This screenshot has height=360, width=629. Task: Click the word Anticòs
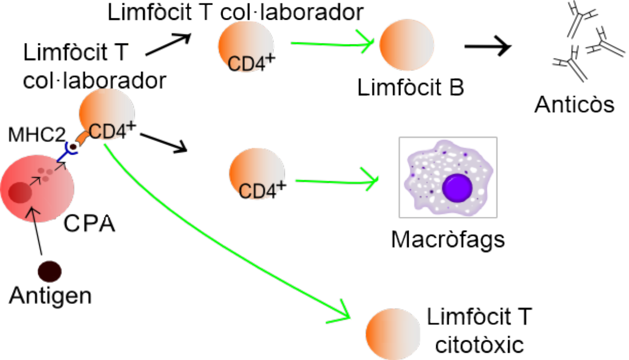pyautogui.click(x=574, y=105)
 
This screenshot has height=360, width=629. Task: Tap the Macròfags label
pyautogui.click(x=448, y=238)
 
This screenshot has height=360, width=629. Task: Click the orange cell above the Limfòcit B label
pyautogui.click(x=407, y=45)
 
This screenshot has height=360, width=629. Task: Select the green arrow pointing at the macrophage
pyautogui.click(x=335, y=181)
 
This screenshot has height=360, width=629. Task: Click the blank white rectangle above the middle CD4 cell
pyautogui.click(x=261, y=137)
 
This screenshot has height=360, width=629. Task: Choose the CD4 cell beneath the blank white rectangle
pyautogui.click(x=257, y=174)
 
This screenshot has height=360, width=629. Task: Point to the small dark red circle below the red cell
pyautogui.click(x=50, y=271)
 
